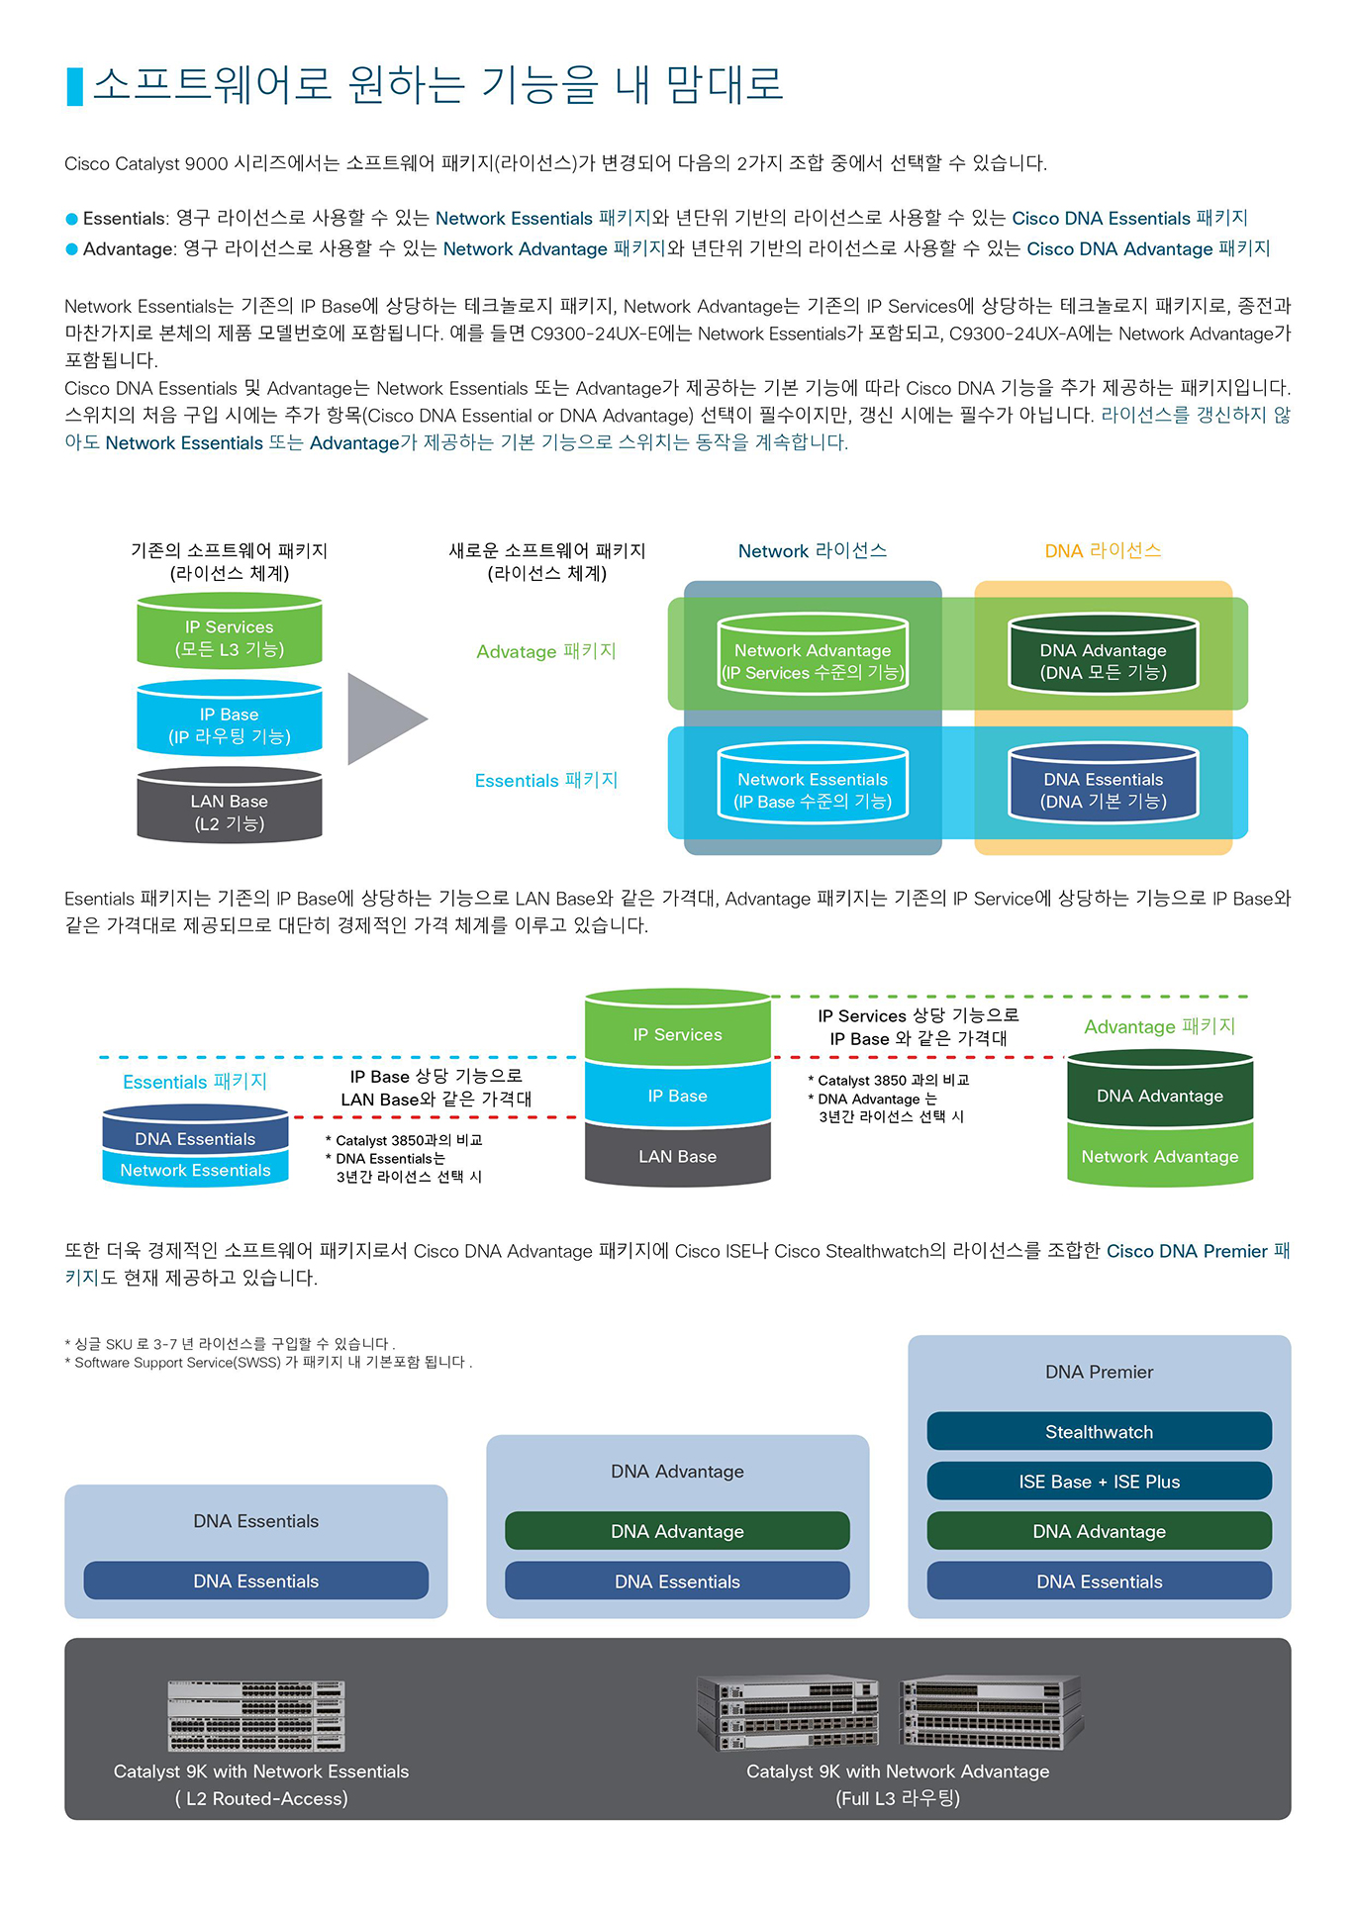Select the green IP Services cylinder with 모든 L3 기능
tap(230, 631)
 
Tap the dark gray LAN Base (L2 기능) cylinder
tap(230, 806)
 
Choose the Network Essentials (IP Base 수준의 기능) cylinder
tap(813, 783)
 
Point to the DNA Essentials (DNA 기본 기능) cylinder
tap(1104, 783)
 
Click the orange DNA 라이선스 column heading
tap(1104, 551)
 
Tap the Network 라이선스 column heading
tap(813, 551)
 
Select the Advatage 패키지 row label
tap(546, 651)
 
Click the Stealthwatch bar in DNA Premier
tap(1099, 1431)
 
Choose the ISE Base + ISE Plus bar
tap(1099, 1481)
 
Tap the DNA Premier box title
tap(1099, 1372)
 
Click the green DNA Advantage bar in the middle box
tap(677, 1530)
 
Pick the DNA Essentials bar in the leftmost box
tap(255, 1581)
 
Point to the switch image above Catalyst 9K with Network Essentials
tap(256, 1716)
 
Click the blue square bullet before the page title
tap(74, 87)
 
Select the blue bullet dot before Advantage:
tap(71, 249)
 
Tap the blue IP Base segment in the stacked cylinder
tap(678, 1096)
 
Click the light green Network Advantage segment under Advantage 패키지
tap(1160, 1155)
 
